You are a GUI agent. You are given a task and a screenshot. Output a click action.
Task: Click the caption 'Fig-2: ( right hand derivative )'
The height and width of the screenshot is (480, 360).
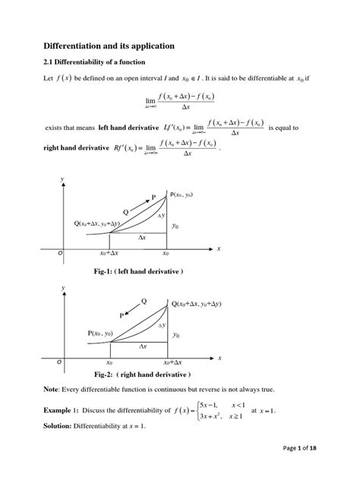pyautogui.click(x=142, y=375)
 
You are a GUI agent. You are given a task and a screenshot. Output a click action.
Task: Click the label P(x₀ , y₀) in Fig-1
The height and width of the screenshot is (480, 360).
pyautogui.click(x=188, y=195)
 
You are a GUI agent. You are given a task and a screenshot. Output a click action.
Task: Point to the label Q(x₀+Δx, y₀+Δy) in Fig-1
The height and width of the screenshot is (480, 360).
pyautogui.click(x=106, y=223)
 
